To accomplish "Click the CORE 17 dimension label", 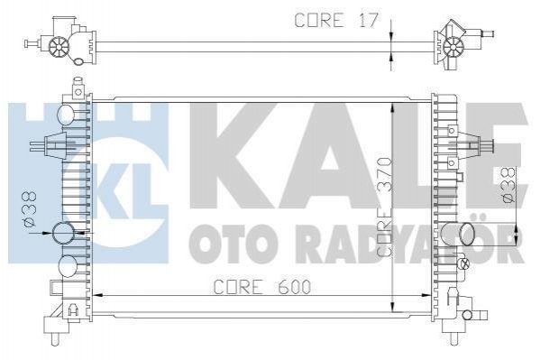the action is (336, 20).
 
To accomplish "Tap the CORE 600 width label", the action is (262, 287).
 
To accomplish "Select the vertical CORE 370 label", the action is (384, 207).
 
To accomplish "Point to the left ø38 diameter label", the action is (30, 209).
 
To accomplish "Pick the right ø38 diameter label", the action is (509, 185).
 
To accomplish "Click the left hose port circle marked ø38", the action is (63, 233).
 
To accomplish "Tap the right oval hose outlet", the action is (467, 235).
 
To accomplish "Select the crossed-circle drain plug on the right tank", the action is (464, 263).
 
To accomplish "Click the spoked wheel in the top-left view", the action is (59, 47).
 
